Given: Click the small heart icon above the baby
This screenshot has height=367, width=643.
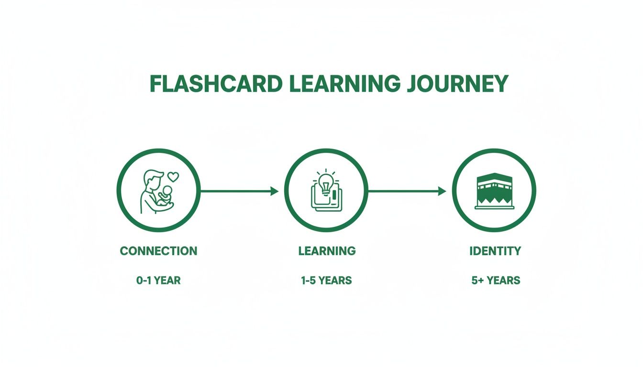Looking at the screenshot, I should click(173, 177).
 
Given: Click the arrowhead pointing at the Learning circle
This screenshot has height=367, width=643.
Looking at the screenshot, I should click(274, 191).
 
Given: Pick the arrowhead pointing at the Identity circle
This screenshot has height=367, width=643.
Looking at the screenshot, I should click(442, 191).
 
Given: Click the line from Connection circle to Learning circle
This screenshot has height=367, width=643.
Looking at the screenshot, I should click(234, 191).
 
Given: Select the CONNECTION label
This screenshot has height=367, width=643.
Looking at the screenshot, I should click(158, 251).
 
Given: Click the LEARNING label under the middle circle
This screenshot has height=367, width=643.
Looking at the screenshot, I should click(327, 251).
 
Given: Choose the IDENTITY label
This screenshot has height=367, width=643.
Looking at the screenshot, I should click(495, 251).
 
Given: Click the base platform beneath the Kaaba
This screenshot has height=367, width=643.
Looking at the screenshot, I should click(494, 207).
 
